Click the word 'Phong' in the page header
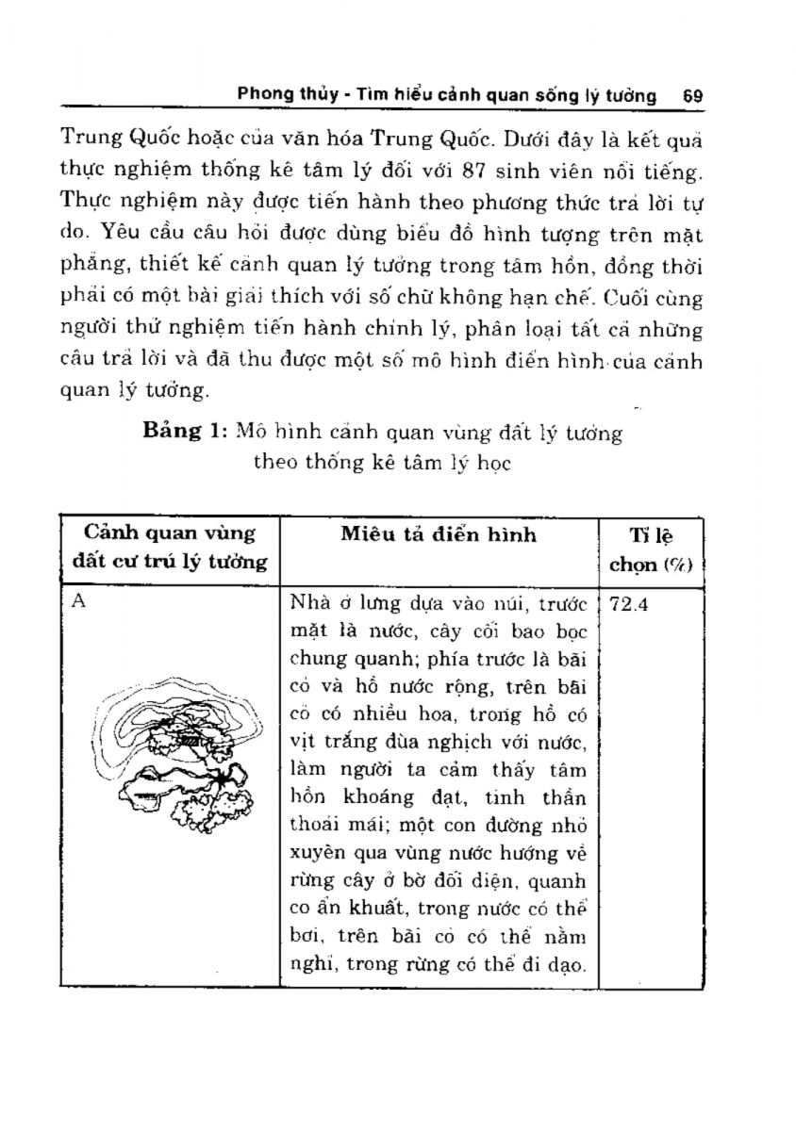click(x=265, y=95)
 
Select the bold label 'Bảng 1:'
click(x=184, y=433)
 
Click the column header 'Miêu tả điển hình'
click(x=439, y=534)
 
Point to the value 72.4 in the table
click(x=630, y=605)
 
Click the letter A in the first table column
click(x=80, y=603)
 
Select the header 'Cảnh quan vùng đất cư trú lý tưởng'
click(x=170, y=548)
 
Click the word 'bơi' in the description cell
click(x=304, y=937)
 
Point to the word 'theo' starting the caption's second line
click(x=275, y=464)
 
